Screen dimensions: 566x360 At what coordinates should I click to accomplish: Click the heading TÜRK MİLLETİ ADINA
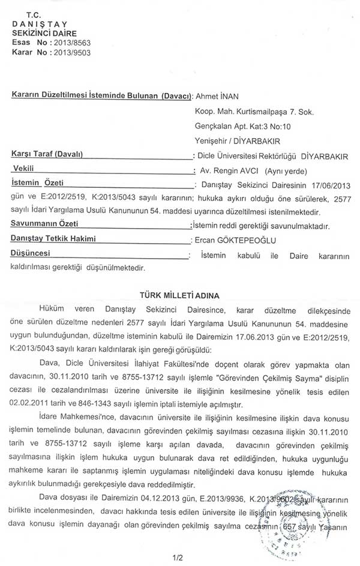click(179, 295)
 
